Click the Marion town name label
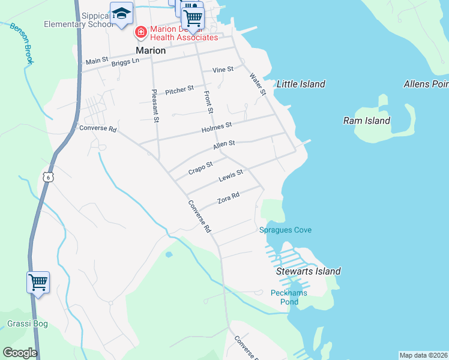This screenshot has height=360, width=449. pos(151,50)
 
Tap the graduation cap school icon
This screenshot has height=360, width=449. pos(121,14)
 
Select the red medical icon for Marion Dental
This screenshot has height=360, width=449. pos(140,31)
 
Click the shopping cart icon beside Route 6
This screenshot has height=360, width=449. pos(38,281)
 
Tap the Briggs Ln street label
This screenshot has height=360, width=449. pos(125,61)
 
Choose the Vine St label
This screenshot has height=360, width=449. pos(222,70)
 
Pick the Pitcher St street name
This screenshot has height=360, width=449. pos(179,89)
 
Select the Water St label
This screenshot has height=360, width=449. pos(258,84)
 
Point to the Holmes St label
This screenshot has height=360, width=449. pos(217,126)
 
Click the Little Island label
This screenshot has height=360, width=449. pos(301,84)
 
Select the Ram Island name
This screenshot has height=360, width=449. pos(366,121)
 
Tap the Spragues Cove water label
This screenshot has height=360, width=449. pos(285,230)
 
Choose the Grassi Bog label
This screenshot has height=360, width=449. pos(27,324)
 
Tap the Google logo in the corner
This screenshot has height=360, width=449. pos(20,352)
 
